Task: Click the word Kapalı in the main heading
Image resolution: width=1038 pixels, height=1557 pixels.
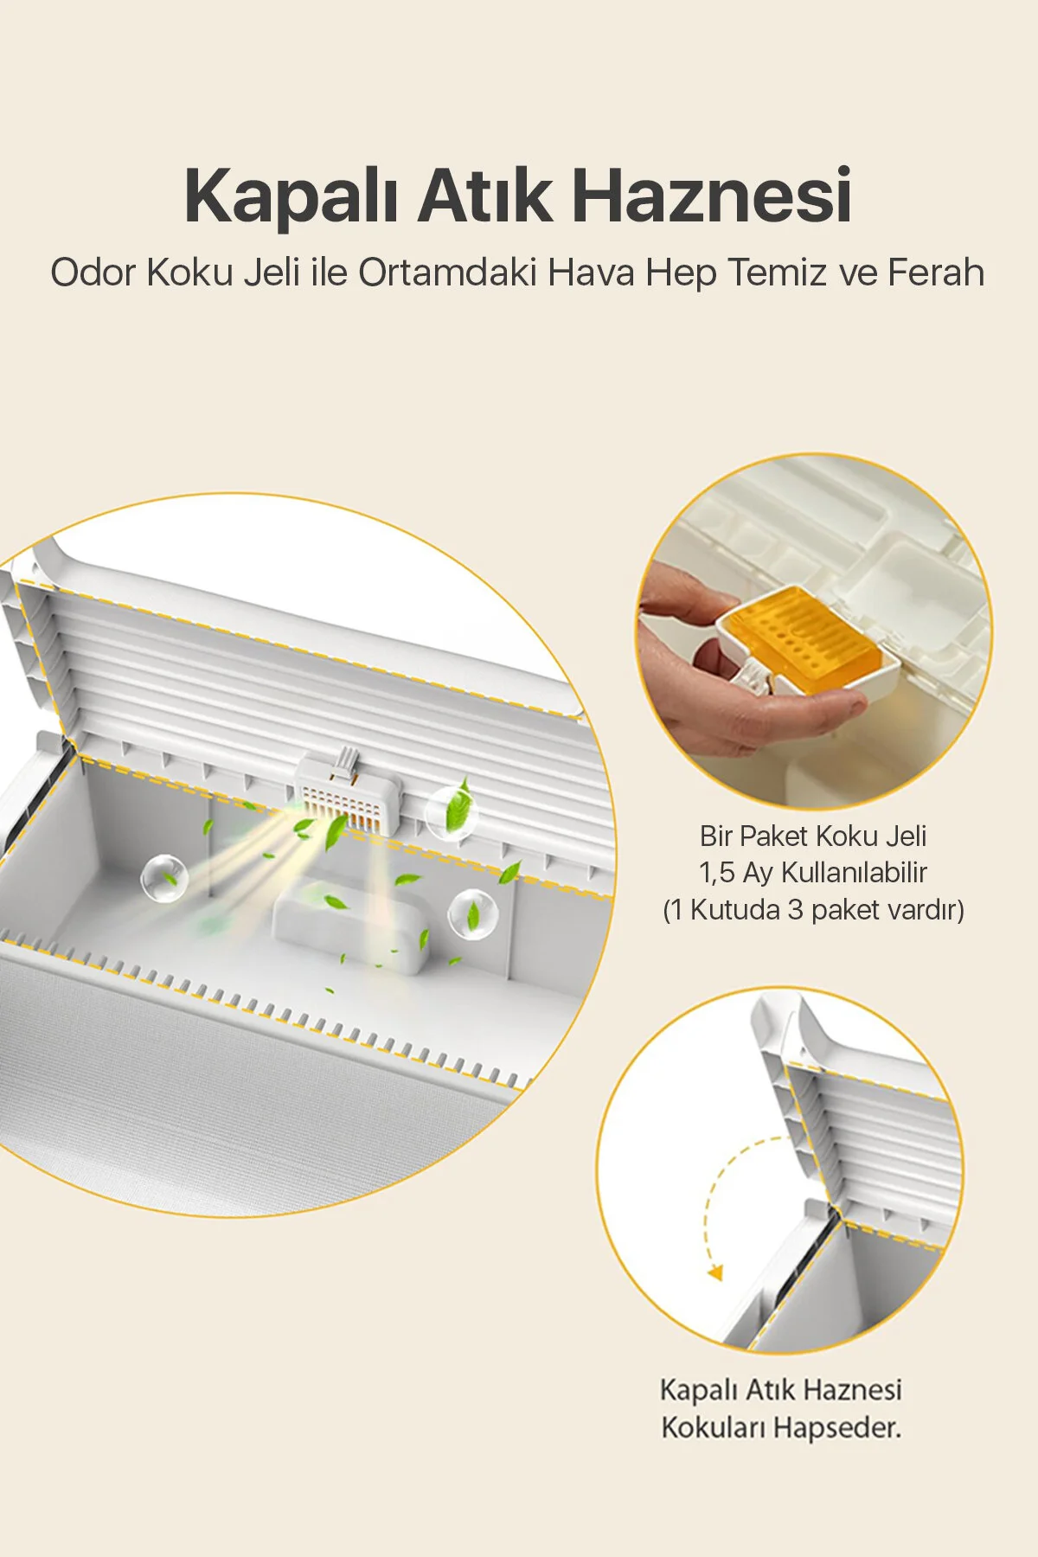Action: pyautogui.click(x=291, y=196)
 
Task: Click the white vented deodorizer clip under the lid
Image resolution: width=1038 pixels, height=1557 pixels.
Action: pyautogui.click(x=349, y=792)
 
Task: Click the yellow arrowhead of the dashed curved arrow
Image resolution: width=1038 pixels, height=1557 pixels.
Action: pyautogui.click(x=714, y=1272)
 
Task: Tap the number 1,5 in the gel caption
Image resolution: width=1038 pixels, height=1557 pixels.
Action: pyautogui.click(x=717, y=873)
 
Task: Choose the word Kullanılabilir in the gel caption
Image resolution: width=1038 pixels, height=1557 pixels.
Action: pyautogui.click(x=855, y=873)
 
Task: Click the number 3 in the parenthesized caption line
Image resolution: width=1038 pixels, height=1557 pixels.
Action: pyautogui.click(x=795, y=910)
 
